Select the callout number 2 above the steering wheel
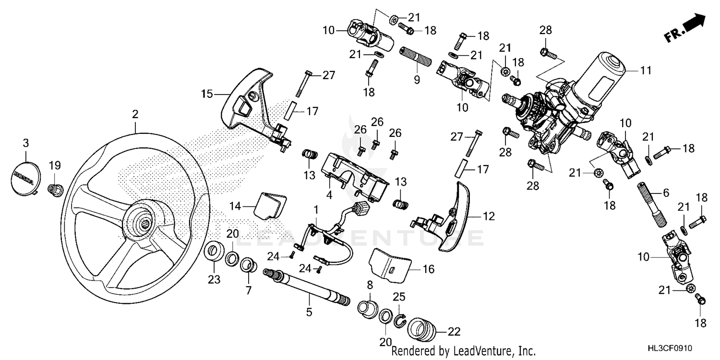click(135, 114)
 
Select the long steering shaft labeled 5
click(308, 288)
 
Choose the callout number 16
click(428, 269)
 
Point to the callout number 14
click(234, 206)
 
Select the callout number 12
click(488, 217)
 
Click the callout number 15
click(206, 94)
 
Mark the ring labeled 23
click(213, 252)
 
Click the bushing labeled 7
click(248, 264)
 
